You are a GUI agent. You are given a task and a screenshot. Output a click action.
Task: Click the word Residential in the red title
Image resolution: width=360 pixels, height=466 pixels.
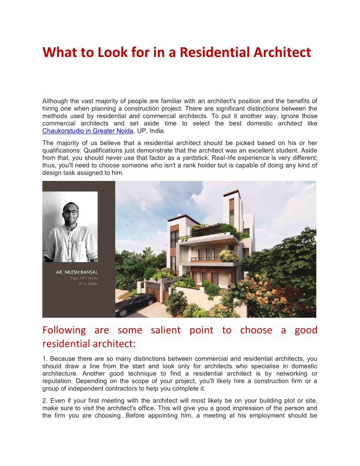coord(213,53)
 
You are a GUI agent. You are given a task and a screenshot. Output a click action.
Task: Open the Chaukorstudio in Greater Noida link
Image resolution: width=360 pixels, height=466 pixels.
coord(87,131)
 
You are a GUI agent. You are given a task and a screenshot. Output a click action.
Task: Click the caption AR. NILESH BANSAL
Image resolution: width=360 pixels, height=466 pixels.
coord(77,272)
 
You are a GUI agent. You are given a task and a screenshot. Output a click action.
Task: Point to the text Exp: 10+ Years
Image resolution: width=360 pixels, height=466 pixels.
coord(84,278)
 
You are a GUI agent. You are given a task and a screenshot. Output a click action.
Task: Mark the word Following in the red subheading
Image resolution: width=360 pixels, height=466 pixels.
coord(64,330)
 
